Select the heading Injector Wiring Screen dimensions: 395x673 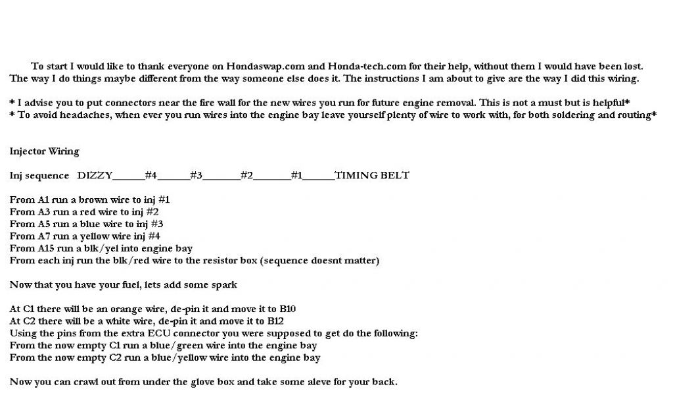[44, 151]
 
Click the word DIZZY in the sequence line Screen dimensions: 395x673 [95, 175]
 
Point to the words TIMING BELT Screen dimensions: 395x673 [371, 175]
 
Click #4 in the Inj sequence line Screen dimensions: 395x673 [151, 175]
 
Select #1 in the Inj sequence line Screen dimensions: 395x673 [296, 175]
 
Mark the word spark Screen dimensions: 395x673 [223, 285]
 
